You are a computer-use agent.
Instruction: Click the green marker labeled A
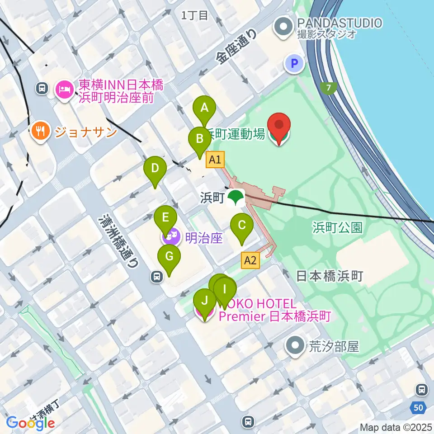click(x=204, y=108)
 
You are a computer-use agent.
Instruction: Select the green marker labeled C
click(x=242, y=225)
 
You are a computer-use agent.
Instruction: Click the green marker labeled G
click(x=169, y=257)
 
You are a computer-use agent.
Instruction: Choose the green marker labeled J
click(x=205, y=301)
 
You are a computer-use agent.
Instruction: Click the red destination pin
click(x=279, y=125)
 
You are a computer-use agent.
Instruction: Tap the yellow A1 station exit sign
click(x=215, y=159)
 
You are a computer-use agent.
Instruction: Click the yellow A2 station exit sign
click(x=250, y=260)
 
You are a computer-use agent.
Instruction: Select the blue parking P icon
click(x=294, y=64)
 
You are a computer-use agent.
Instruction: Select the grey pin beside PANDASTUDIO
click(x=283, y=27)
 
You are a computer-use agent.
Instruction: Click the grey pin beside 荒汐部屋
click(x=296, y=347)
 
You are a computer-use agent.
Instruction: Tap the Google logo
click(x=31, y=423)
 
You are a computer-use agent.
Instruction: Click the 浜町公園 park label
click(x=337, y=227)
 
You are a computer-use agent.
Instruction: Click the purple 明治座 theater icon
click(x=171, y=236)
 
